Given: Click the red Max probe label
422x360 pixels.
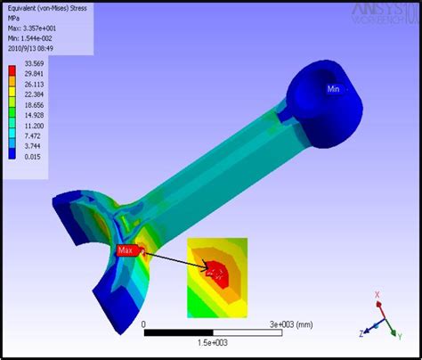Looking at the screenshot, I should pyautogui.click(x=126, y=250).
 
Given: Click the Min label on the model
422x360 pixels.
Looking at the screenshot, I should pyautogui.click(x=334, y=89).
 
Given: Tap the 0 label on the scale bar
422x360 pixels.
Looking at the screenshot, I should pyautogui.click(x=143, y=324).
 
